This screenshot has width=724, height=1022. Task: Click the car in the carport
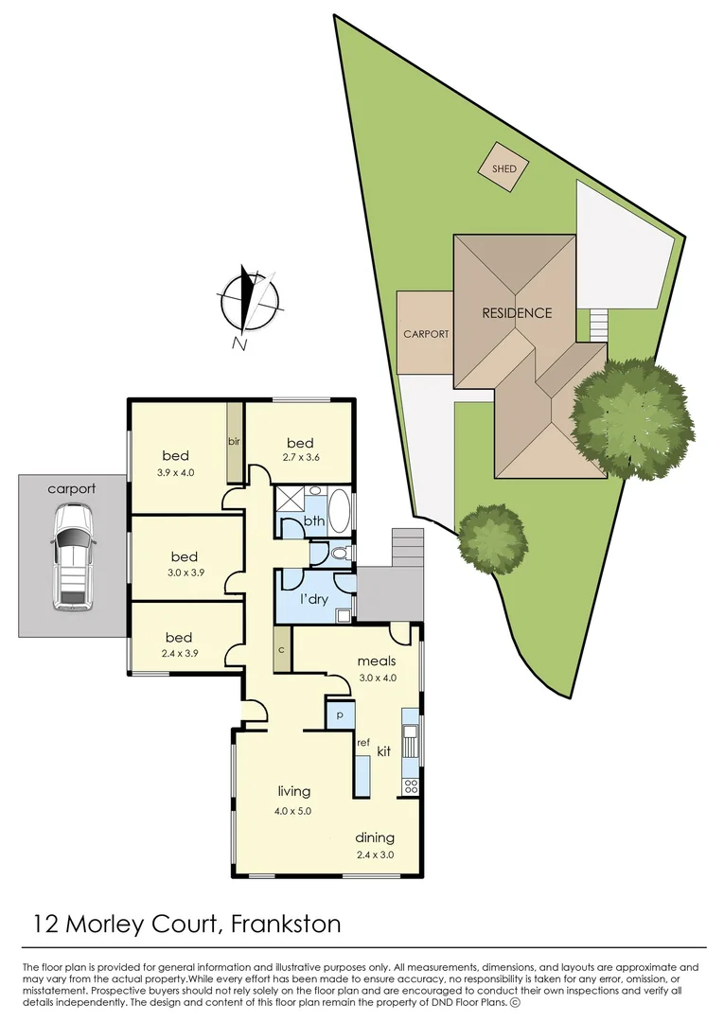tap(73, 555)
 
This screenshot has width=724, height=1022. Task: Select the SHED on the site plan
tap(503, 169)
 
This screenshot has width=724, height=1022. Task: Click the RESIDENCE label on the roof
tap(516, 313)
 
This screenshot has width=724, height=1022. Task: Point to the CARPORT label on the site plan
tap(426, 334)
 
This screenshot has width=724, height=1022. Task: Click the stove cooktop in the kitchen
tap(410, 784)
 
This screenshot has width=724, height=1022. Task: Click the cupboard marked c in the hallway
tap(282, 650)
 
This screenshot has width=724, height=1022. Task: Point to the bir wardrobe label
tap(234, 441)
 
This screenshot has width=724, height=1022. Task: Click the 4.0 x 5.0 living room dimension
tap(293, 811)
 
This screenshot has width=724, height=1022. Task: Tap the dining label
tap(375, 837)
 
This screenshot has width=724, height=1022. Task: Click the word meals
tap(376, 661)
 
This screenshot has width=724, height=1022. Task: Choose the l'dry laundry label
tap(315, 602)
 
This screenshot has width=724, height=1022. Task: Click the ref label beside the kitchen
tap(362, 743)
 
